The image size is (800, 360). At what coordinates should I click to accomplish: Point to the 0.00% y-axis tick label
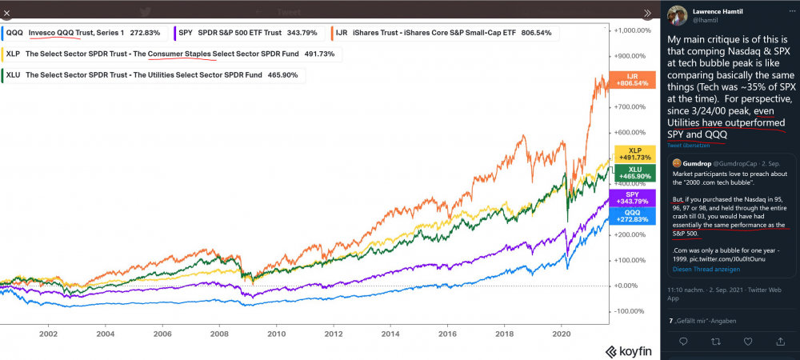pos(626,286)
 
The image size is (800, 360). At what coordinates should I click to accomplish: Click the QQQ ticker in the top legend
pos(14,33)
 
